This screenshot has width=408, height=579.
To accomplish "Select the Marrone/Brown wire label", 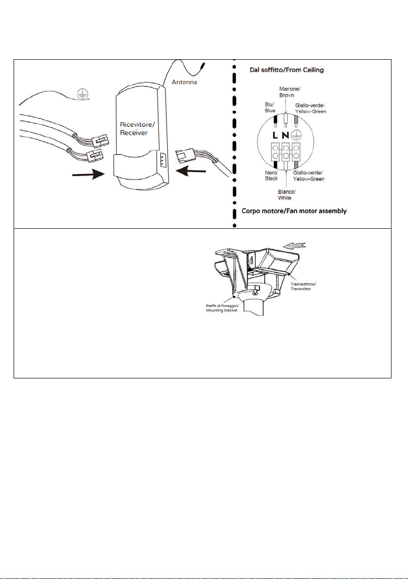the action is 287,92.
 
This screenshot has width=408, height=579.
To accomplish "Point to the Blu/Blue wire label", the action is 270,107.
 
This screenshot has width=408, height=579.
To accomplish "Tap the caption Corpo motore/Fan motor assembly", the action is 294,211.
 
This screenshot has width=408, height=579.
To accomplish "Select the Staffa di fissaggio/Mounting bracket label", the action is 221,307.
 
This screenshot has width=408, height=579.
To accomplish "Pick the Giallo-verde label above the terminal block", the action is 310,108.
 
